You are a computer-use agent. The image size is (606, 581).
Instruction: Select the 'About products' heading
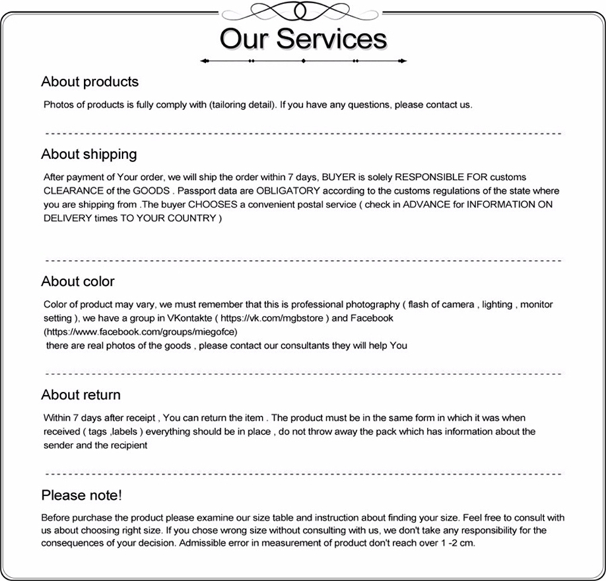click(90, 82)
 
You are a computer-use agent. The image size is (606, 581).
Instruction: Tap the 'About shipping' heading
click(89, 154)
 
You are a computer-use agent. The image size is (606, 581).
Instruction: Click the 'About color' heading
click(78, 281)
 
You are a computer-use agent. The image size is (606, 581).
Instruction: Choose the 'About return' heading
click(81, 395)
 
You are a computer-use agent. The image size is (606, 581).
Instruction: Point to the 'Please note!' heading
click(82, 496)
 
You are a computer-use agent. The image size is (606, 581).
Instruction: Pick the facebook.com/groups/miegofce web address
click(141, 332)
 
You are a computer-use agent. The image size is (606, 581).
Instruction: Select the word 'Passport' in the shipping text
click(202, 191)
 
